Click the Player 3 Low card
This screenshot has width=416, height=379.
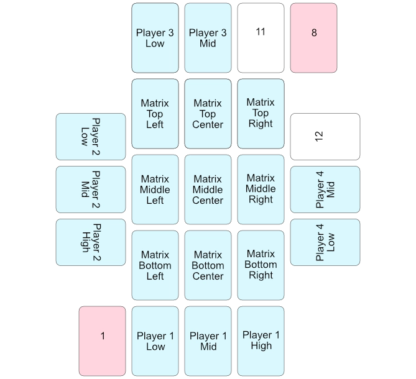(x=155, y=38)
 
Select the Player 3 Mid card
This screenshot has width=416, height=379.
(x=208, y=38)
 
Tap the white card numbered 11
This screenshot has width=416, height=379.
(x=261, y=38)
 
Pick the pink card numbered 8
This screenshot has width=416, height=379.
(x=313, y=38)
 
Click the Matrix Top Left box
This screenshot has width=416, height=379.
(x=155, y=114)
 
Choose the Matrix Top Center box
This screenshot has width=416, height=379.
(x=208, y=114)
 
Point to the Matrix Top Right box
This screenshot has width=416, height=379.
(x=261, y=114)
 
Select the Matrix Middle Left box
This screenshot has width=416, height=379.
(x=155, y=189)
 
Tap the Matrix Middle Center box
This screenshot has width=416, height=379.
(x=208, y=189)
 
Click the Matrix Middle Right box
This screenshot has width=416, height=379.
(x=261, y=189)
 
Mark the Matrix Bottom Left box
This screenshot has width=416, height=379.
(x=155, y=265)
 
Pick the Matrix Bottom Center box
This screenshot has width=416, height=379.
(x=208, y=265)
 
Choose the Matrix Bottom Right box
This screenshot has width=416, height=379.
(x=261, y=265)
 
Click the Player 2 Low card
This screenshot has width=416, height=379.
(x=91, y=137)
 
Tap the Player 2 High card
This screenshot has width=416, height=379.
(x=91, y=242)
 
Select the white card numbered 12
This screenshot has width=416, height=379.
(x=325, y=137)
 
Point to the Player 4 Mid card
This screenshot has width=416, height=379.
(x=325, y=189)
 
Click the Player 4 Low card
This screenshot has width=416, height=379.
(x=325, y=242)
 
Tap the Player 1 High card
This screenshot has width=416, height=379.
(x=261, y=341)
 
